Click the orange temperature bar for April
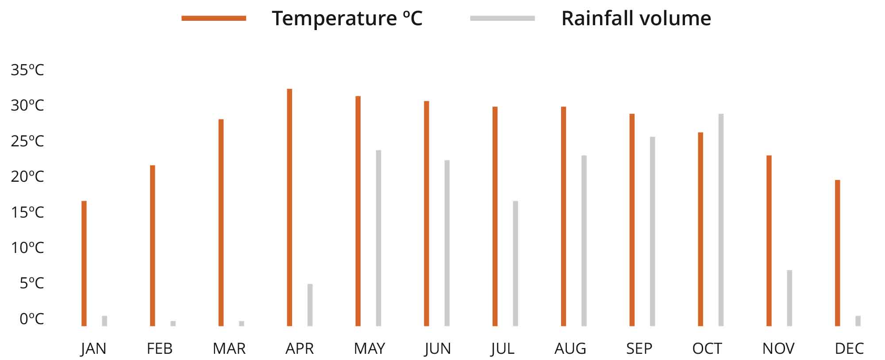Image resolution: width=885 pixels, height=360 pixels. pyautogui.click(x=289, y=207)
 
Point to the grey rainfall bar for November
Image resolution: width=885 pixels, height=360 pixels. pyautogui.click(x=789, y=298)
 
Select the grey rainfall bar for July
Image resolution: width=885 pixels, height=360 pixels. pyautogui.click(x=516, y=264)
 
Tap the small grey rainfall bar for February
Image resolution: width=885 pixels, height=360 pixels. pyautogui.click(x=173, y=323)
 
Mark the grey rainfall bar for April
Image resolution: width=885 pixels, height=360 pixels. pyautogui.click(x=310, y=305)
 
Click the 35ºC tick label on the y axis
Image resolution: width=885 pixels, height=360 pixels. pyautogui.click(x=27, y=70)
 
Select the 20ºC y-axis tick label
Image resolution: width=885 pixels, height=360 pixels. pyautogui.click(x=27, y=176)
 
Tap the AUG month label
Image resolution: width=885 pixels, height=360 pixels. pyautogui.click(x=570, y=349)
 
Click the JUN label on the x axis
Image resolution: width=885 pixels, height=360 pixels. pyautogui.click(x=437, y=349)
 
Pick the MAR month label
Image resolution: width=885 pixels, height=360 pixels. pyautogui.click(x=229, y=349)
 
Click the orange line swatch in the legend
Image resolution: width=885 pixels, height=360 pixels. pyautogui.click(x=214, y=18)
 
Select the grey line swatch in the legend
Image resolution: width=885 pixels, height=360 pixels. pyautogui.click(x=502, y=18)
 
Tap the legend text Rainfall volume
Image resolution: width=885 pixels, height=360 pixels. pyautogui.click(x=636, y=19)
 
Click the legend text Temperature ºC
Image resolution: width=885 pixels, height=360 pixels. pyautogui.click(x=347, y=19)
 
